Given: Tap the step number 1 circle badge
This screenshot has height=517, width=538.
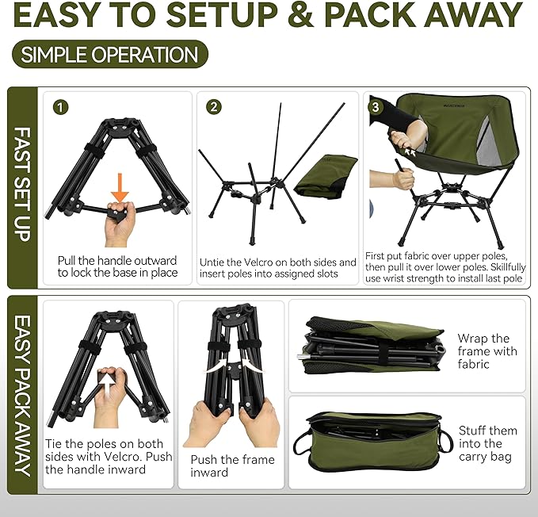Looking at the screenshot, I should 62,107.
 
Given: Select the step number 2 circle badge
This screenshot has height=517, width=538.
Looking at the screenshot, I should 213,107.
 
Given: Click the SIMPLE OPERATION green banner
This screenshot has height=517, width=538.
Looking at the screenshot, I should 110,55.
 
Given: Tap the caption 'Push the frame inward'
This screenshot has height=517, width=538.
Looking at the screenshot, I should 232,465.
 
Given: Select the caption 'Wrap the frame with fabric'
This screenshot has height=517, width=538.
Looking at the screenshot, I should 486,351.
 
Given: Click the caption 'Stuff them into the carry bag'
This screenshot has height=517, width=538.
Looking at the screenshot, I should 487,443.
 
